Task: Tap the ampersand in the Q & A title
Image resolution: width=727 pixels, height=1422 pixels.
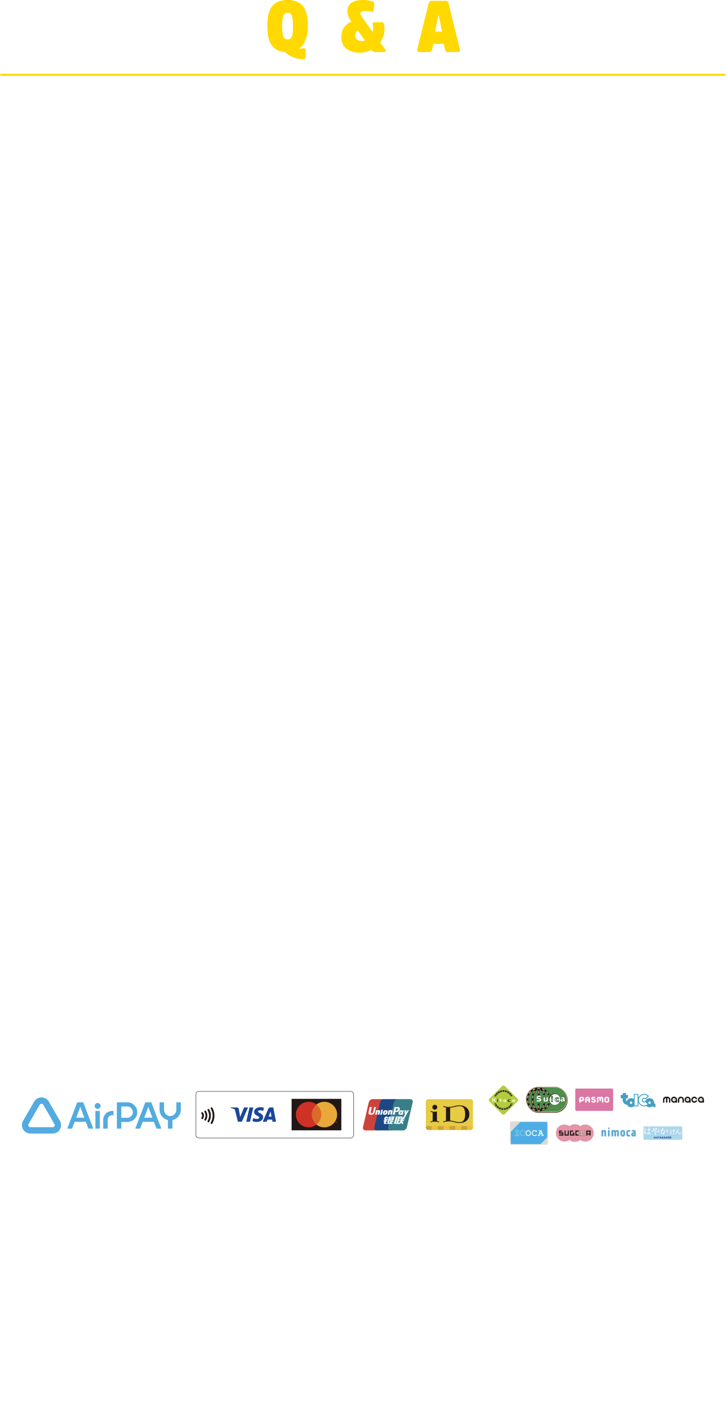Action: point(363,29)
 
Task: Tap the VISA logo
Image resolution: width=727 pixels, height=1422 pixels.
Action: point(253,1115)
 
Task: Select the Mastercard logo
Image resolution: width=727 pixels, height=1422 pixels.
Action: point(316,1115)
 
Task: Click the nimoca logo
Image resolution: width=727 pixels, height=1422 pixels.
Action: point(618,1133)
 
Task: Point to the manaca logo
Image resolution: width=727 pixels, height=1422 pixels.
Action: point(683,1100)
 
